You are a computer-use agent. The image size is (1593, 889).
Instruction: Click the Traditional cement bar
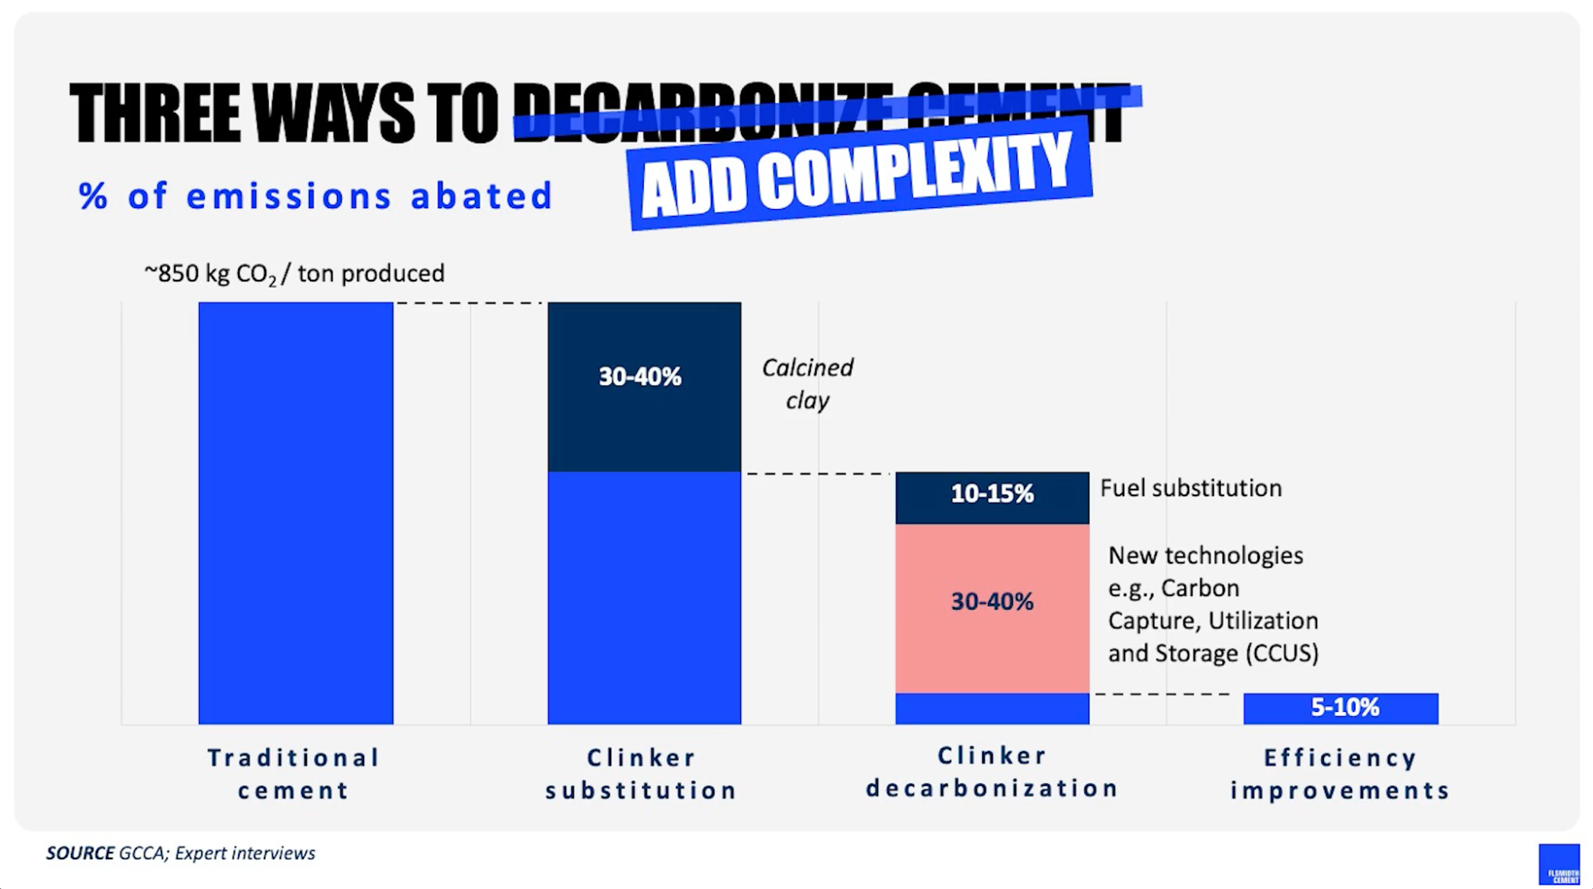click(x=296, y=513)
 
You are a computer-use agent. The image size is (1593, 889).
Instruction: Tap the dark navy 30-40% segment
click(x=644, y=387)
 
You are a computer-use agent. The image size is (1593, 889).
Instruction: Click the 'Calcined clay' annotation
click(x=807, y=384)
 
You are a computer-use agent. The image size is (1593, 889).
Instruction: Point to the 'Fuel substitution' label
click(x=1191, y=488)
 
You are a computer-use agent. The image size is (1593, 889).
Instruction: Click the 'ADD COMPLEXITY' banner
click(x=860, y=176)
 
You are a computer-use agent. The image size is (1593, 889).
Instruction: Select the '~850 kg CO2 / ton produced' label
click(x=295, y=273)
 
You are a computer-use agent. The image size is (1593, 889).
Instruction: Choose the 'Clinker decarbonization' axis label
click(x=992, y=772)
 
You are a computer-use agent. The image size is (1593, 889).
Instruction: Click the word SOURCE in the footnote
click(x=80, y=853)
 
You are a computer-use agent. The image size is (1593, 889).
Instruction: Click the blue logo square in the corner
click(x=1559, y=864)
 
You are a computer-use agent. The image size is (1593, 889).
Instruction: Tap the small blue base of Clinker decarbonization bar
click(x=992, y=709)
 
